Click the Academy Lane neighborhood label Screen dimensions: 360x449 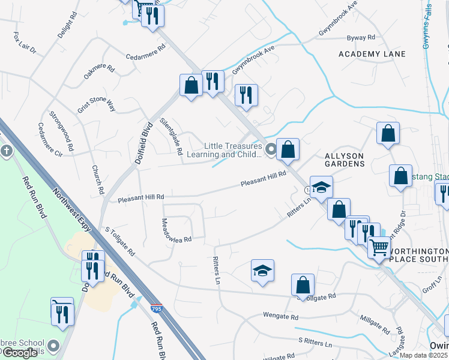tap(372, 54)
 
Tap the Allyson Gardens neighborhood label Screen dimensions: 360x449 tap(345, 159)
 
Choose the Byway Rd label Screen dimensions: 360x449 tap(361, 37)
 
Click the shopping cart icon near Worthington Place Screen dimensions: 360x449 tap(378, 247)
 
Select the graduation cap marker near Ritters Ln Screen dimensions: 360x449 tap(262, 271)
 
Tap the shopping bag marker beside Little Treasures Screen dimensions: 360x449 tap(288, 149)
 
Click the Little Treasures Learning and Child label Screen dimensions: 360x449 tap(233, 150)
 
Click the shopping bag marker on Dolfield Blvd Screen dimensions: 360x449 tap(191, 85)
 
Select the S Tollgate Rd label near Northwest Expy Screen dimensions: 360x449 tap(120, 239)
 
